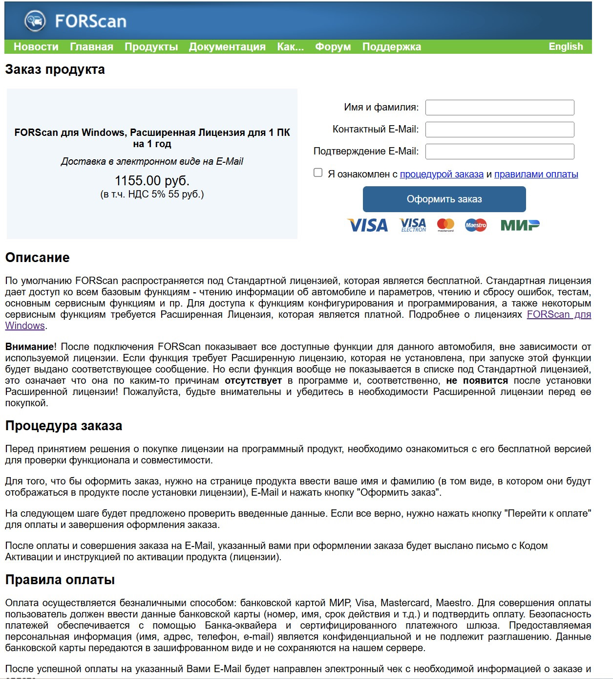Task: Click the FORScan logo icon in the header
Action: (x=35, y=21)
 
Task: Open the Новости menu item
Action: (x=36, y=47)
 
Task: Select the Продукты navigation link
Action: (x=151, y=47)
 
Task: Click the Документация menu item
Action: (x=227, y=47)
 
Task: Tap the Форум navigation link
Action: (x=333, y=47)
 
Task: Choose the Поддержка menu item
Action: (x=391, y=47)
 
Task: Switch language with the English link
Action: (x=566, y=46)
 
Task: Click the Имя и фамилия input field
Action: (x=499, y=108)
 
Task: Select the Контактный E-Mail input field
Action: (x=499, y=130)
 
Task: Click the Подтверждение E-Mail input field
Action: (x=499, y=152)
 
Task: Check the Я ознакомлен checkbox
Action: (x=318, y=173)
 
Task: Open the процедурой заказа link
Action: (x=442, y=175)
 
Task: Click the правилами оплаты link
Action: (x=536, y=175)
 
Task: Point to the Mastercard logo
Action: (x=445, y=225)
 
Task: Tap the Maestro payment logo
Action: (x=476, y=225)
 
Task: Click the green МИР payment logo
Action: (x=520, y=225)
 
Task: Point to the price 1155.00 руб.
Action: (x=152, y=180)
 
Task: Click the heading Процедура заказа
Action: (x=63, y=426)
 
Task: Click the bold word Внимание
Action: (x=30, y=347)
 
